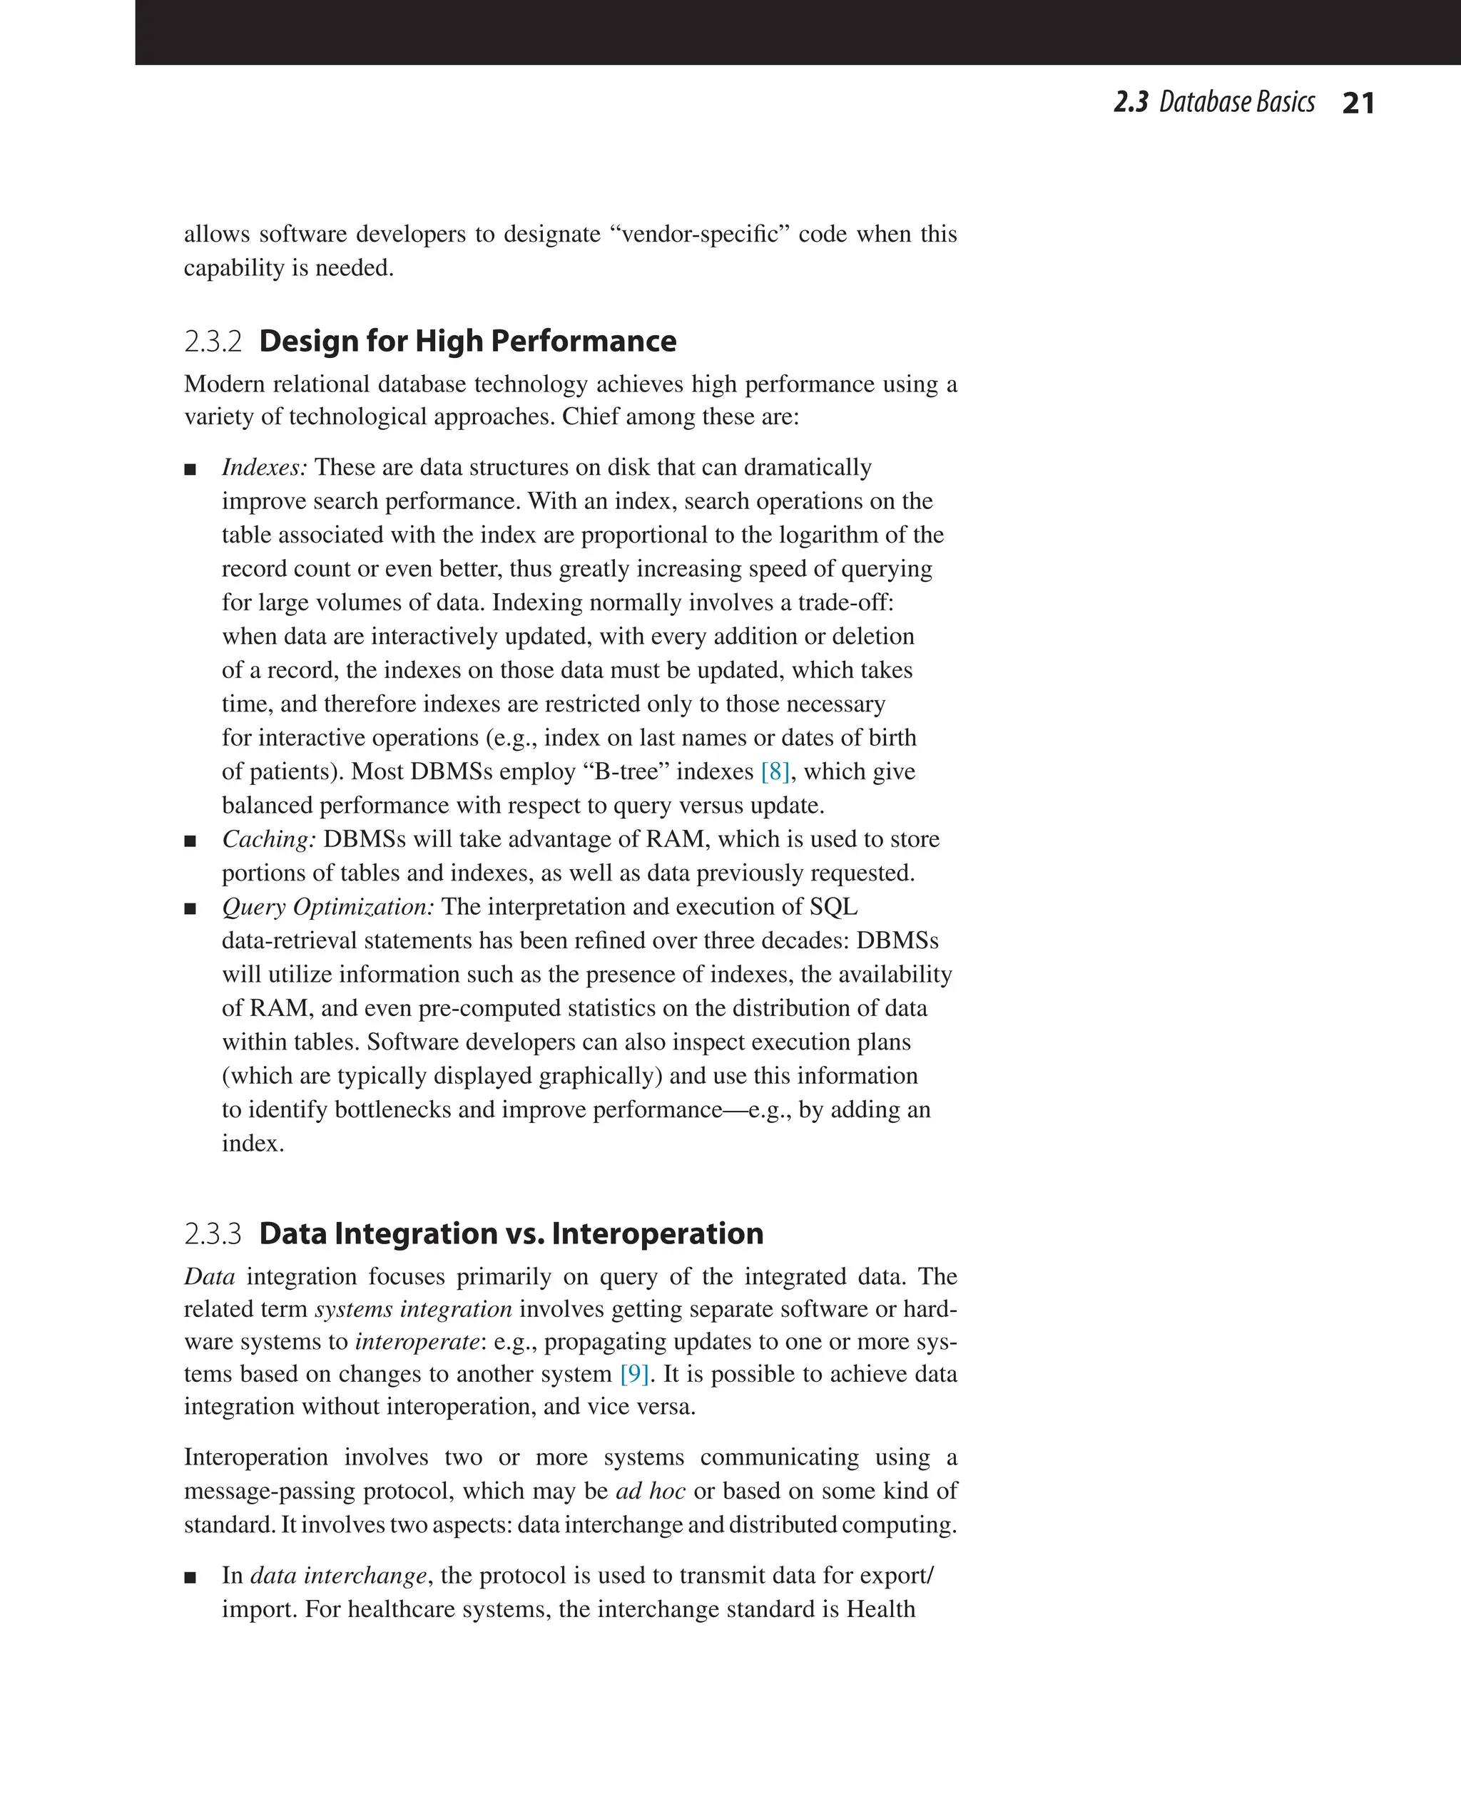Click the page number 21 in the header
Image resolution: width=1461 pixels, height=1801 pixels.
tap(1358, 103)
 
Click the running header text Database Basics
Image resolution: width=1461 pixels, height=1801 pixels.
tap(1236, 103)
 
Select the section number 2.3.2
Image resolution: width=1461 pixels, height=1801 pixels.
tap(213, 342)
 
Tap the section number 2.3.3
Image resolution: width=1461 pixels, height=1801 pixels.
tap(213, 1235)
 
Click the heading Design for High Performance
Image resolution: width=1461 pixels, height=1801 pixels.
tap(467, 342)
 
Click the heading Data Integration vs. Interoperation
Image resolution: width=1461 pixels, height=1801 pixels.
tap(511, 1234)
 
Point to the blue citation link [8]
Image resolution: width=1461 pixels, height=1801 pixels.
tap(774, 771)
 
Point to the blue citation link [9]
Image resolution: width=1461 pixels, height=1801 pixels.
tap(633, 1374)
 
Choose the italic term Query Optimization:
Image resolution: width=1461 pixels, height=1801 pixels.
tap(328, 908)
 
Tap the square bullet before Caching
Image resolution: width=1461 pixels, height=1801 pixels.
tap(190, 841)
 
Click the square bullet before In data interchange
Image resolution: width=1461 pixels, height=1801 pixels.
tap(190, 1577)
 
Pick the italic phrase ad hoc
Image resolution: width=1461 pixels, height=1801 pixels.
tap(651, 1492)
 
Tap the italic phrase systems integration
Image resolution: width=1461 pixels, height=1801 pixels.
tap(413, 1309)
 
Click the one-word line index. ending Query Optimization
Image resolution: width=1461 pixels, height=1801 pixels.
tap(253, 1143)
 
